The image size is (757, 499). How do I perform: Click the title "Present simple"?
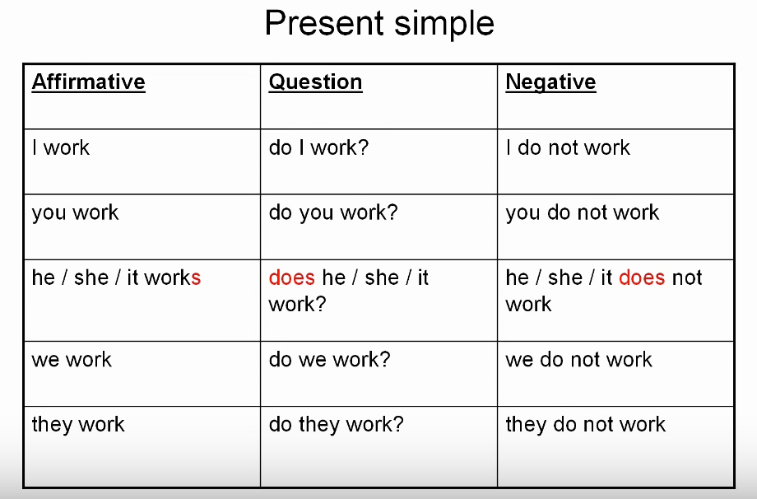379,24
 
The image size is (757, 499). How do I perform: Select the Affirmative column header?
88,82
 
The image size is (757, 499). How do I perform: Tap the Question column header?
315,82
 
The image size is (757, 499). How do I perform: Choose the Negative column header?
550,82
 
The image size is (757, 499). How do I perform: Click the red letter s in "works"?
196,278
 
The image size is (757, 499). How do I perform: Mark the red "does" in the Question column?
291,277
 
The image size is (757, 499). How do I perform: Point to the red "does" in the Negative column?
642,277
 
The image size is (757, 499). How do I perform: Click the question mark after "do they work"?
398,424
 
